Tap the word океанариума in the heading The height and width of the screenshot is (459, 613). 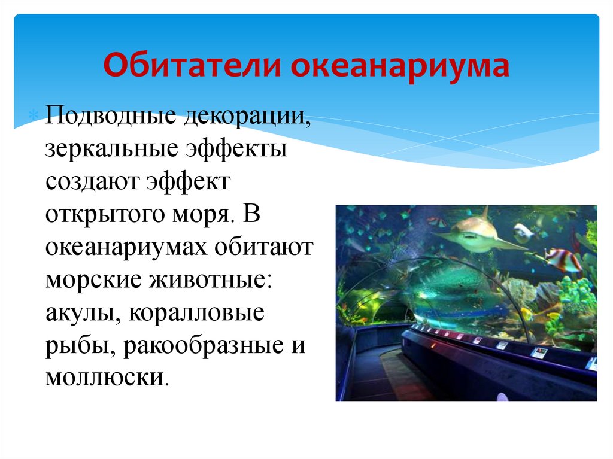tap(400, 66)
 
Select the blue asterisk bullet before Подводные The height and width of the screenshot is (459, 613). tap(35, 115)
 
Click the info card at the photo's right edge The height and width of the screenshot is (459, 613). tap(592, 363)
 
